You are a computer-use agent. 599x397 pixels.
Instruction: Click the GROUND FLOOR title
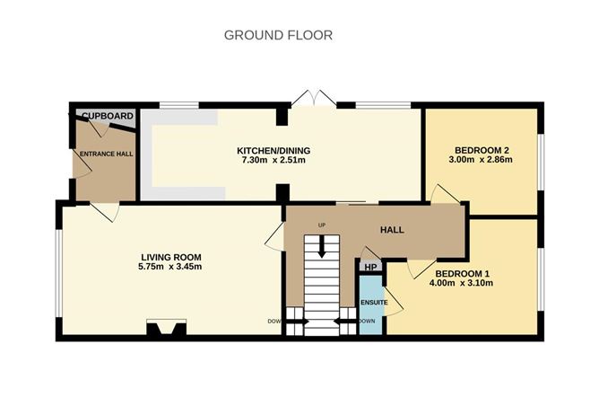[x=278, y=35]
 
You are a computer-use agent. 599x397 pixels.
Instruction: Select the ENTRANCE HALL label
[x=104, y=154]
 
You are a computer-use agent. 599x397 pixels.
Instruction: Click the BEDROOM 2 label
[x=482, y=150]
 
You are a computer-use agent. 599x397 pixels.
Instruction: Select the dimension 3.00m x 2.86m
[x=482, y=161]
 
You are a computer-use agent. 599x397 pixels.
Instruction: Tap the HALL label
[x=392, y=230]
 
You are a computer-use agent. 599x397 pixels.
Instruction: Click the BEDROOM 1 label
[x=464, y=273]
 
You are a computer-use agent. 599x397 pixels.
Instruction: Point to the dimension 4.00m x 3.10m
[x=464, y=284]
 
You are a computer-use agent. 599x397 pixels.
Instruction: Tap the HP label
[x=370, y=267]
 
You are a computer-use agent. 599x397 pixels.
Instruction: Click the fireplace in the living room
[x=166, y=328]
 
